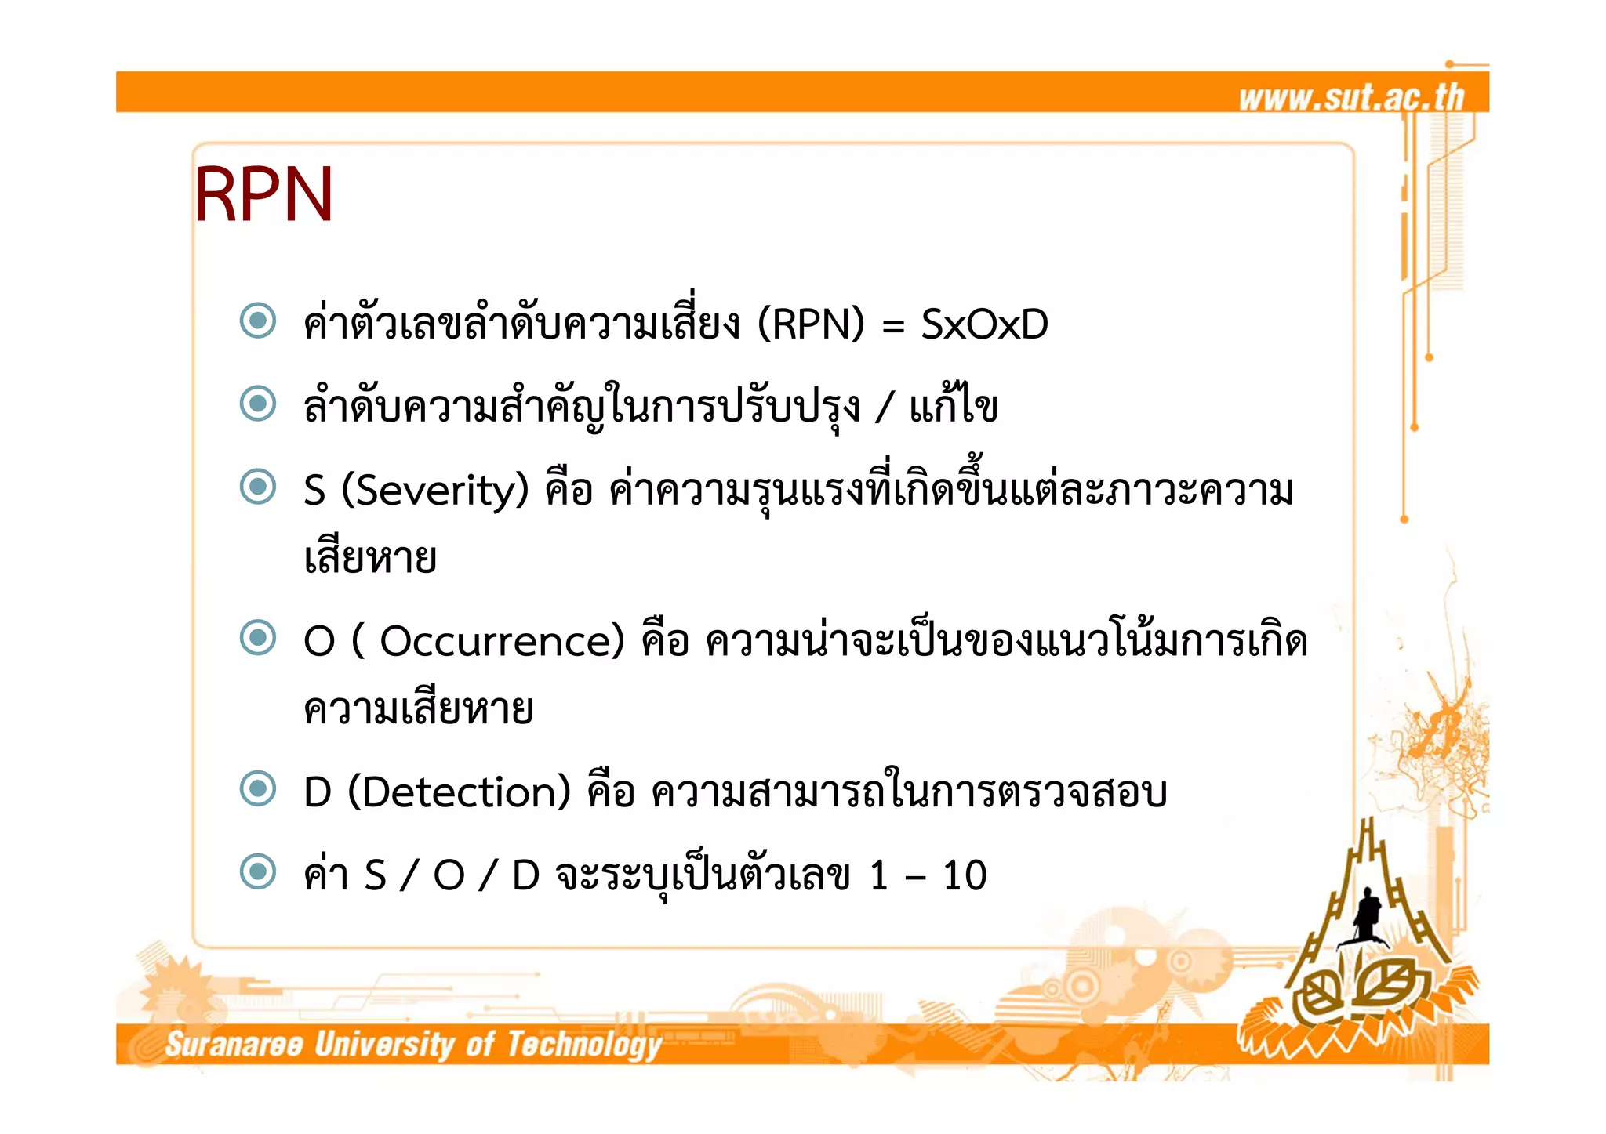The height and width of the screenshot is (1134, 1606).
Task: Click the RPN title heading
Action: [263, 194]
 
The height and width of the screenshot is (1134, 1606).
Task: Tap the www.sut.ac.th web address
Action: [1351, 97]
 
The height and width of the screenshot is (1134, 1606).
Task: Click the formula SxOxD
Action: [984, 324]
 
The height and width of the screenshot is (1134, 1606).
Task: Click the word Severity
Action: [435, 490]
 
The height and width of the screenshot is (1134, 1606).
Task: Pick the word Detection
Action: [459, 792]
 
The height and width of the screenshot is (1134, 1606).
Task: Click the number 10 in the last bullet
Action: [965, 875]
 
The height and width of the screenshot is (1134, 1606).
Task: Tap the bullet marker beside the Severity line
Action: [258, 487]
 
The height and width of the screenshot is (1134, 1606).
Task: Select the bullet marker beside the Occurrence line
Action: [258, 637]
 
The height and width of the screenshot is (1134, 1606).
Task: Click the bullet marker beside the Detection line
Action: [258, 788]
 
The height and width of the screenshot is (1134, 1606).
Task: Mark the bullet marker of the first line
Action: [258, 321]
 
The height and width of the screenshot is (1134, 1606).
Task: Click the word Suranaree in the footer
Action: [234, 1045]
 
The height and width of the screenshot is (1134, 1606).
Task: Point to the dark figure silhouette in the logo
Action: [1368, 913]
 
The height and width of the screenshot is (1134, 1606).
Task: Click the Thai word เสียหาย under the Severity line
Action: [370, 558]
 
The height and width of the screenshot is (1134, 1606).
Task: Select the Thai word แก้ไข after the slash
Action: [954, 406]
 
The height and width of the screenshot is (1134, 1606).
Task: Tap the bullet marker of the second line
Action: [258, 404]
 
